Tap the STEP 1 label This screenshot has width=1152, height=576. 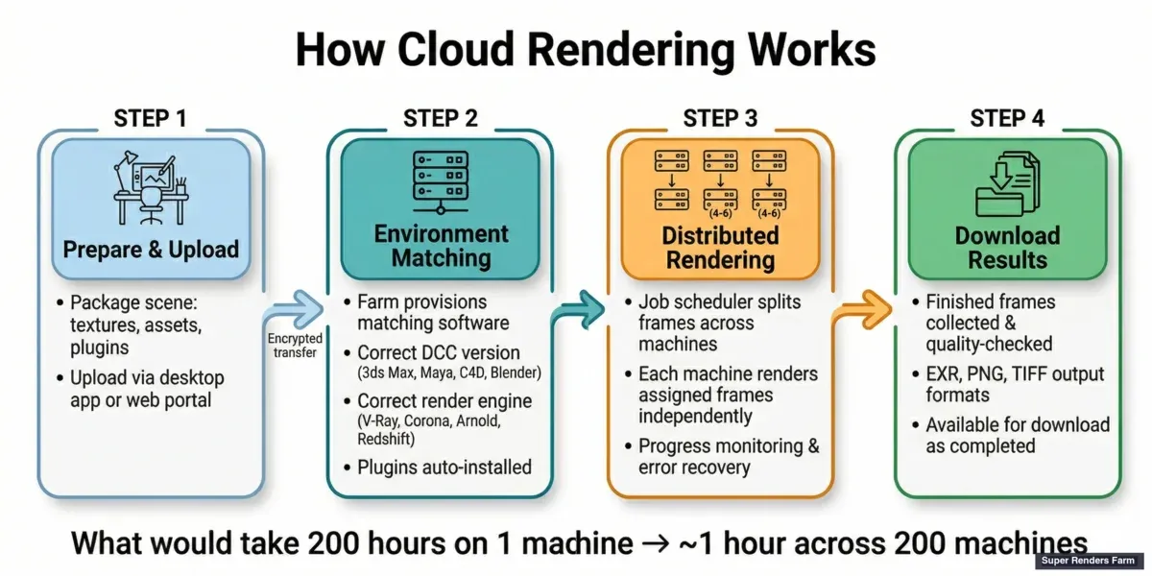point(150,118)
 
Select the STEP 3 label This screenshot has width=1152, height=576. point(719,118)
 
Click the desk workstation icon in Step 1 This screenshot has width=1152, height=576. point(150,186)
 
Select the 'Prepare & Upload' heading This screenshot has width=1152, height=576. point(151,250)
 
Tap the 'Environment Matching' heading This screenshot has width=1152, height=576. point(441,246)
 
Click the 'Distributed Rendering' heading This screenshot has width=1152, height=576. point(721,247)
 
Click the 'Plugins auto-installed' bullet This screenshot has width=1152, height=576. point(444,468)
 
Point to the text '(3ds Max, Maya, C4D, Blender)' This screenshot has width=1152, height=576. point(449,372)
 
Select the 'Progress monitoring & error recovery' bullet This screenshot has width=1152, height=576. point(728,457)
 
